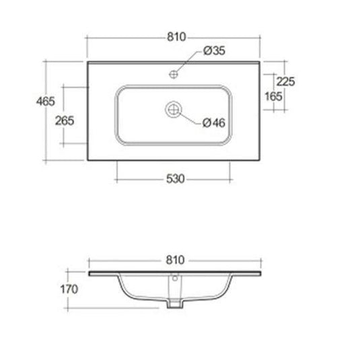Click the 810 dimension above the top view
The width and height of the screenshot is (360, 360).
click(176, 37)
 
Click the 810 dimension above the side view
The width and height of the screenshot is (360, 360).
click(175, 260)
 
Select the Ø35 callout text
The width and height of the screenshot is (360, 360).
click(215, 50)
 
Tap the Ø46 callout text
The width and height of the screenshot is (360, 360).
click(214, 123)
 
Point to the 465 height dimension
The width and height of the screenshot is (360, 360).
click(46, 101)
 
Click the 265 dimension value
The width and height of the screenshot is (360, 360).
click(65, 120)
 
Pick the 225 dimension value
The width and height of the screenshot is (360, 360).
click(285, 81)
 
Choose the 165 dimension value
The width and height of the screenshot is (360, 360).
click(273, 96)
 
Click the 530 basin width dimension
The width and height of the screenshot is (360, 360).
click(176, 179)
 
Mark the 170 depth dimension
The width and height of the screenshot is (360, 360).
click(69, 289)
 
